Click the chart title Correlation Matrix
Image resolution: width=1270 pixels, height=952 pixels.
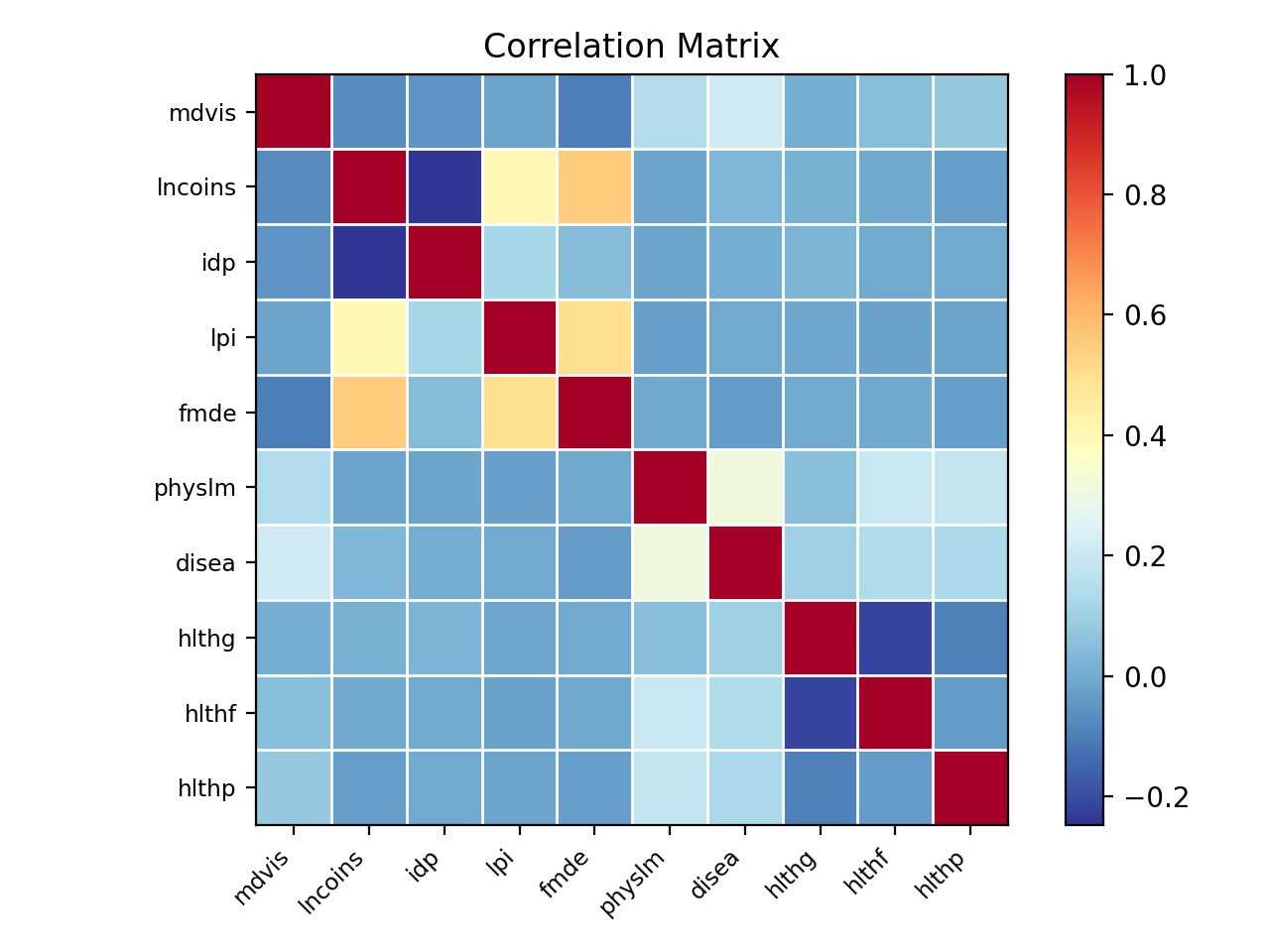click(631, 47)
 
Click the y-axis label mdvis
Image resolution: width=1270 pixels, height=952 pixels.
click(202, 113)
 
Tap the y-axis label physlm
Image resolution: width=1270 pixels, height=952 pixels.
click(195, 489)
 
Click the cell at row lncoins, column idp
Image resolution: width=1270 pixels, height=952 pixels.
click(444, 187)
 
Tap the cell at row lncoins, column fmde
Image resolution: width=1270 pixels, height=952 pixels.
click(594, 187)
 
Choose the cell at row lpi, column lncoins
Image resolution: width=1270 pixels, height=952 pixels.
click(368, 338)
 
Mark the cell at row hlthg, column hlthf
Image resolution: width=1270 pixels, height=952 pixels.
click(895, 639)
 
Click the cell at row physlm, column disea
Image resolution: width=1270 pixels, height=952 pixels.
click(745, 488)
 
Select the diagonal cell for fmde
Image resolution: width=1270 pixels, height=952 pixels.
click(594, 414)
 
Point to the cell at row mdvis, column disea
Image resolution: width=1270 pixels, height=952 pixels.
click(745, 112)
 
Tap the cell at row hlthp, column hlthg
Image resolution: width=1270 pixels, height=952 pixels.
click(821, 788)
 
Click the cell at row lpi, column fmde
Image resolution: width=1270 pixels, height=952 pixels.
click(594, 338)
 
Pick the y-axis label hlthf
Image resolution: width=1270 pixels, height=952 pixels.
click(209, 714)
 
